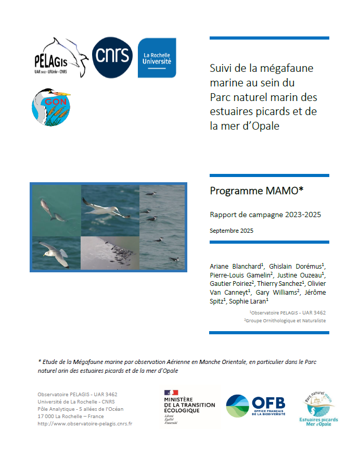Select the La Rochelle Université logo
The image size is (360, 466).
click(157, 58)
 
